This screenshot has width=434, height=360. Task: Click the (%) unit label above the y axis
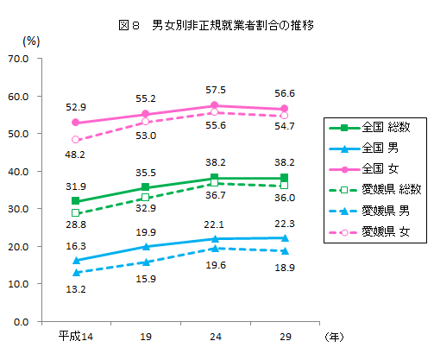(x=31, y=41)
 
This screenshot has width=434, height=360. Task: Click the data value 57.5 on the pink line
(x=215, y=90)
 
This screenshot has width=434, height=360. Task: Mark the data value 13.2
(x=76, y=290)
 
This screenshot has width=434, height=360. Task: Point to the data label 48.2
(x=76, y=155)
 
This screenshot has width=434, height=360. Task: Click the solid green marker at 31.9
(x=76, y=201)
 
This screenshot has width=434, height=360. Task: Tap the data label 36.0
(x=284, y=199)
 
